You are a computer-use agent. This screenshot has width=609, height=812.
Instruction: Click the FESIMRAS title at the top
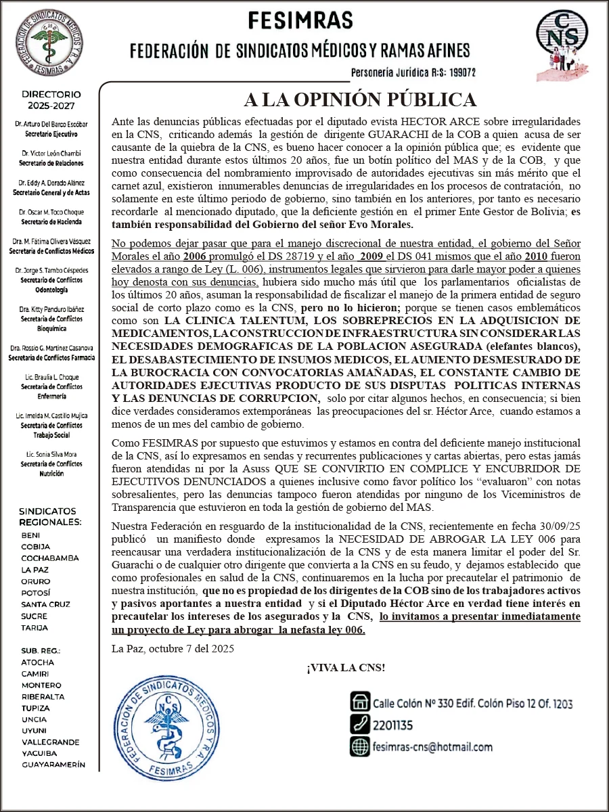coord(300,21)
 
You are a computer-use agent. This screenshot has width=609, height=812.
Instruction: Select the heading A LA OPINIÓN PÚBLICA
coord(360,100)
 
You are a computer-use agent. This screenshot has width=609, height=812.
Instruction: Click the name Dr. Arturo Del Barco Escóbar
coord(51,125)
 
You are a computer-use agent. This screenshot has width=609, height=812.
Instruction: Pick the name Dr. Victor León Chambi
coord(51,154)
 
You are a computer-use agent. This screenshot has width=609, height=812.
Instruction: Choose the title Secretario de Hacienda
coord(51,221)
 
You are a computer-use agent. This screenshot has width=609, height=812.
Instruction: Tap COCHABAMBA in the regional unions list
coord(50,558)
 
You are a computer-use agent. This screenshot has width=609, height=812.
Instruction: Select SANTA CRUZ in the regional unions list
coord(45,604)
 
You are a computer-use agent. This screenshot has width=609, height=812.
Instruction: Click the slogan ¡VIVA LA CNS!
coord(346,669)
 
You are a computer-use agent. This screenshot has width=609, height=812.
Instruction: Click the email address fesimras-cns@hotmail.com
coord(432,747)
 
